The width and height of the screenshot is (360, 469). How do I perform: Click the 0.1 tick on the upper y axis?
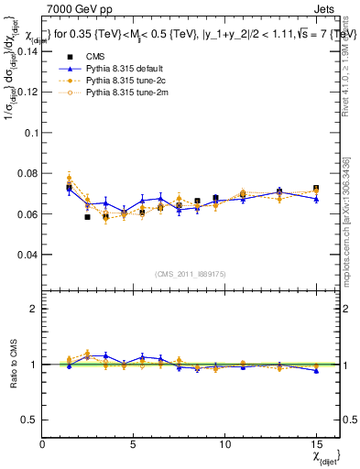(x=30, y=133)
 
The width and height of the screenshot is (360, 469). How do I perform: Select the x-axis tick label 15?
(x=316, y=443)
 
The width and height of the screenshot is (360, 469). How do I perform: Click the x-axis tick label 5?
(x=134, y=443)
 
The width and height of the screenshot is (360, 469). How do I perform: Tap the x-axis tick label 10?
(x=224, y=443)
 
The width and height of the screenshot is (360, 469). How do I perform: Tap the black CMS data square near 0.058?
(x=87, y=217)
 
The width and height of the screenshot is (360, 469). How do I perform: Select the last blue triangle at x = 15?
(x=316, y=199)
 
